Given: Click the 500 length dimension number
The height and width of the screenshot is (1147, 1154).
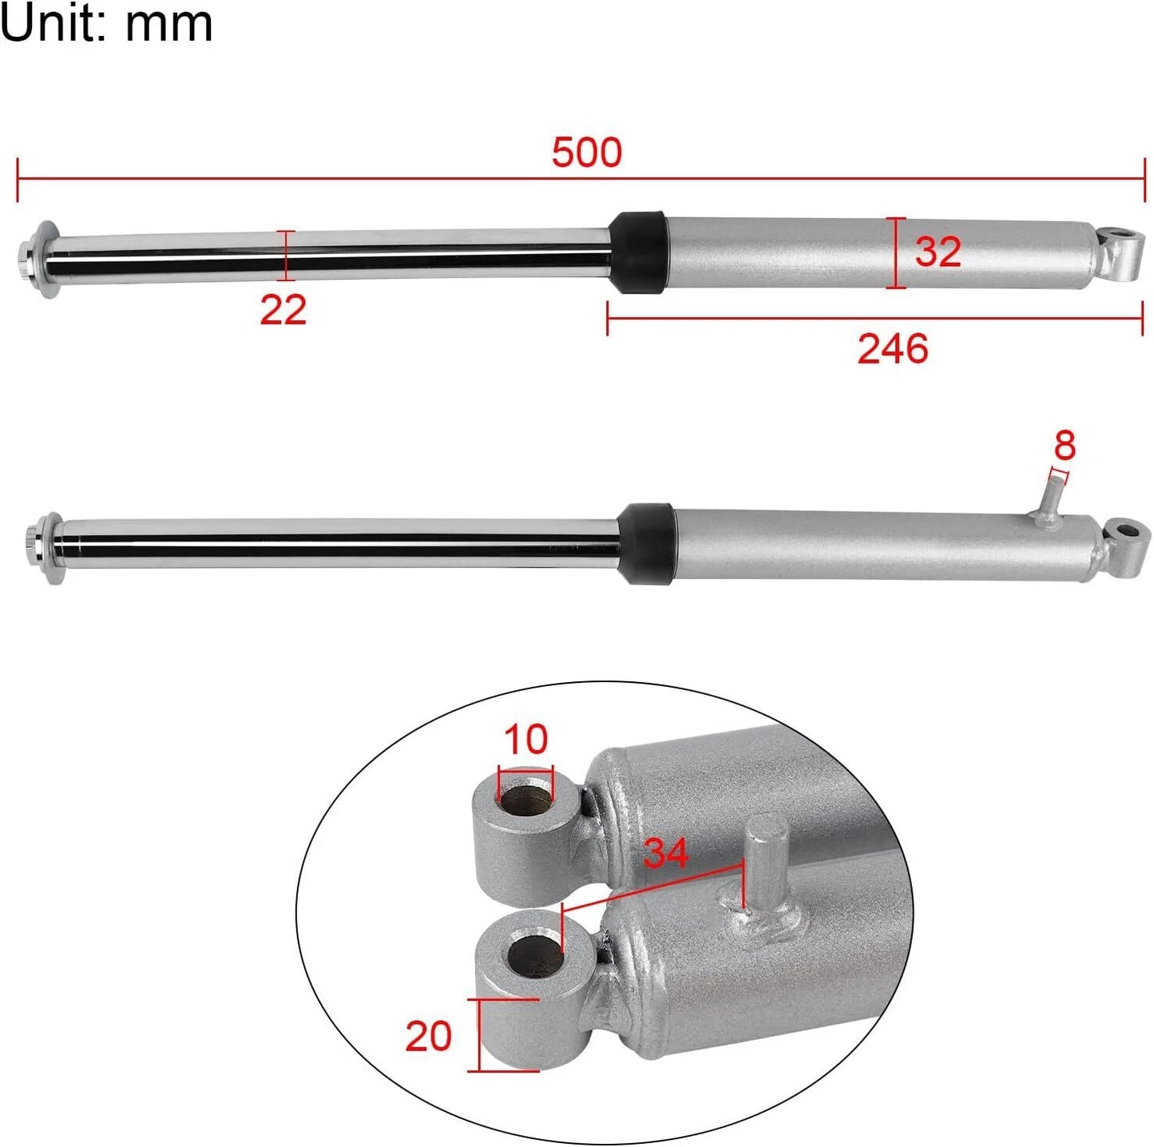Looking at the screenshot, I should click(x=586, y=153).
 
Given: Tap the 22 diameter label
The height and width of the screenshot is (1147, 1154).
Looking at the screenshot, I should click(x=283, y=309).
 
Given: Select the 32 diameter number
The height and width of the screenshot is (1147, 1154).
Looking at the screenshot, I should click(x=938, y=252).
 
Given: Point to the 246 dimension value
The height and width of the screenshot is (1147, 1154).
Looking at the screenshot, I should click(x=892, y=349).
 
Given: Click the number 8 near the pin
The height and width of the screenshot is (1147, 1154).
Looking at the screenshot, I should click(x=1064, y=445).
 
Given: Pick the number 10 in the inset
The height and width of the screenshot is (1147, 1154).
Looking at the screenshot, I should click(x=525, y=739).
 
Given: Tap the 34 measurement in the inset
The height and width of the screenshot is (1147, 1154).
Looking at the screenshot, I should click(x=665, y=852).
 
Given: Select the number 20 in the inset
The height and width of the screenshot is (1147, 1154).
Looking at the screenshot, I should click(x=428, y=1036).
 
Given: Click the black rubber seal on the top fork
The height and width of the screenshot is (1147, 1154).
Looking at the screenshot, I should click(x=638, y=252).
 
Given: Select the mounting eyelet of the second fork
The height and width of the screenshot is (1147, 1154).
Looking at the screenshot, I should click(x=1128, y=545).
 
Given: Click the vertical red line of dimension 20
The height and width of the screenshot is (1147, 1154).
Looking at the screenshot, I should click(x=479, y=1034).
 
